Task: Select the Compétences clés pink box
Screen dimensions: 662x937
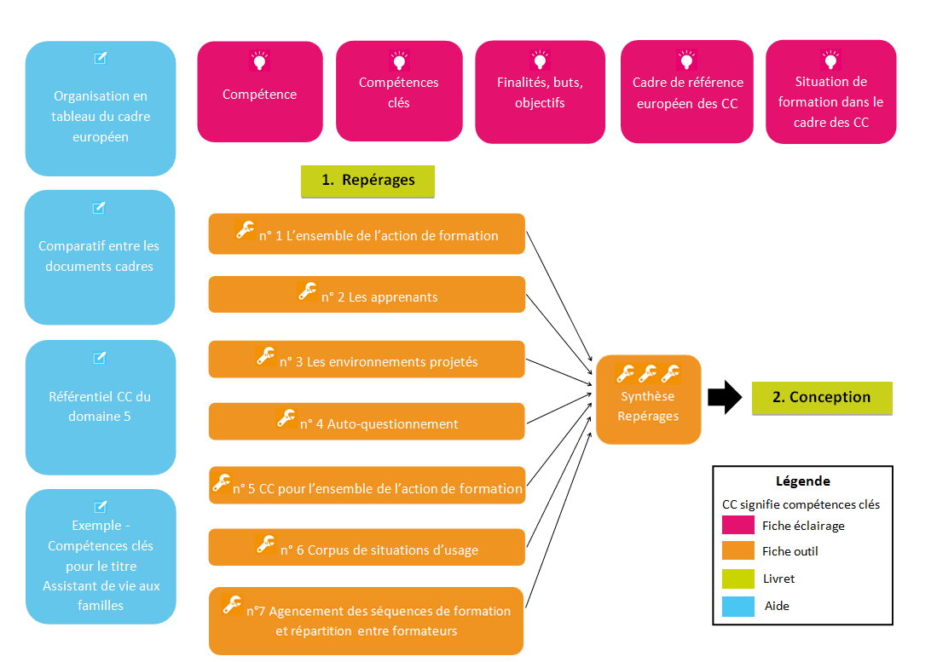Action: pos(399,92)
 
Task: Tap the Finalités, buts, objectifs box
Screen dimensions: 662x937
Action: pos(540,92)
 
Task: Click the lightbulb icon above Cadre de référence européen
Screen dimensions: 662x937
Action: pos(686,60)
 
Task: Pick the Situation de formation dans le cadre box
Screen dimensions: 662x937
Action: pos(830,92)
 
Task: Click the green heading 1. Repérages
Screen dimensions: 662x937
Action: pos(367,181)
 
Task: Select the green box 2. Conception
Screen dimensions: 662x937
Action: pos(822,397)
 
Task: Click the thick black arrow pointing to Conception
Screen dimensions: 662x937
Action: pos(725,397)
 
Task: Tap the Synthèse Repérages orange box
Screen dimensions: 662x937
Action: pos(648,400)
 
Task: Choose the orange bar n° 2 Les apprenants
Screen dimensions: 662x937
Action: pos(367,296)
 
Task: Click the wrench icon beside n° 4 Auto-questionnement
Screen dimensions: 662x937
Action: pos(286,418)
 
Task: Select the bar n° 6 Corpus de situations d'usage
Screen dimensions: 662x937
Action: pos(367,548)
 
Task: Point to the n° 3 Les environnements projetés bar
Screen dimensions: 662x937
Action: pos(367,360)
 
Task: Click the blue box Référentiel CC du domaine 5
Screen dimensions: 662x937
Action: pos(100,407)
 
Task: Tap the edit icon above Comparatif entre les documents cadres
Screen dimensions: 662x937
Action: pos(99,208)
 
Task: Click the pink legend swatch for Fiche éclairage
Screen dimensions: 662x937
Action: pos(738,525)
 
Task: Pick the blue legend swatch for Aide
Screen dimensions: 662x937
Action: pos(738,606)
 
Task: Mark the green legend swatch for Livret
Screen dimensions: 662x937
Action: pos(738,579)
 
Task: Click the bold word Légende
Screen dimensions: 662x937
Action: pos(802,481)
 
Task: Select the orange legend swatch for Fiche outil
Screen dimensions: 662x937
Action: pos(738,551)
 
